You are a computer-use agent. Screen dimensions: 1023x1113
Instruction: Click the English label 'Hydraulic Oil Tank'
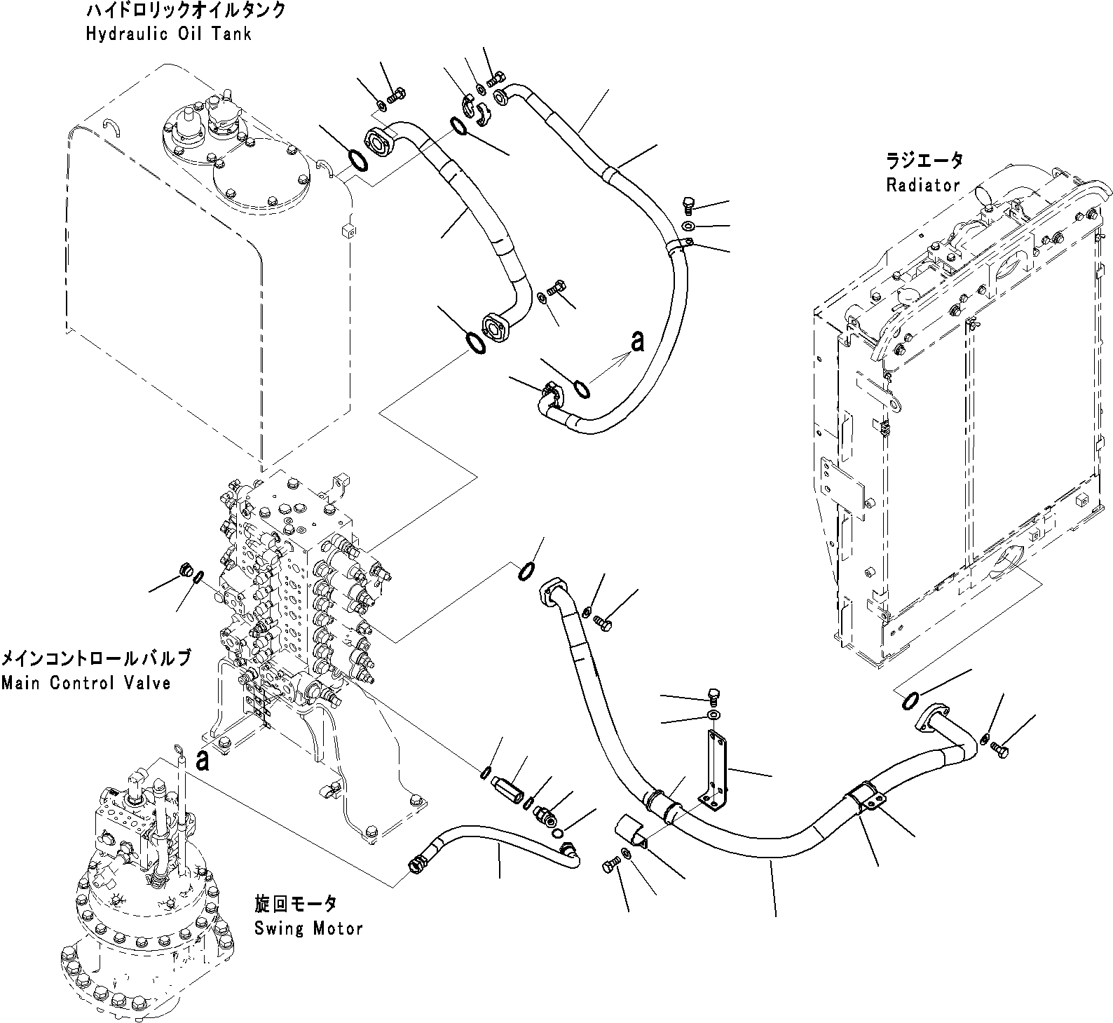tap(168, 34)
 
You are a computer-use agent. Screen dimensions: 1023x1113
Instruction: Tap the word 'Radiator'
tap(922, 185)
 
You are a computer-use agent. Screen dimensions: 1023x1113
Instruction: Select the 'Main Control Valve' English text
tap(86, 682)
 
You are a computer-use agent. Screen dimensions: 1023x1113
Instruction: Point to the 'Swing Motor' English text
tap(308, 929)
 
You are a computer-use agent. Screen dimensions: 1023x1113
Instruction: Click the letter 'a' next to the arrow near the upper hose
tap(636, 342)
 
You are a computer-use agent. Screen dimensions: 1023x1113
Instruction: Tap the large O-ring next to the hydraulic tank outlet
tap(357, 160)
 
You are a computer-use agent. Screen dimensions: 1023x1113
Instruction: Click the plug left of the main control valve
tap(186, 569)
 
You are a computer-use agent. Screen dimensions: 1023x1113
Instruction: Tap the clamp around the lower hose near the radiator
tap(865, 801)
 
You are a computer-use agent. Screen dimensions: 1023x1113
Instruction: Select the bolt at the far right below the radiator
tap(1000, 750)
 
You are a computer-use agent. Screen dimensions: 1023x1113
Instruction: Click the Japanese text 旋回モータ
tap(295, 904)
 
